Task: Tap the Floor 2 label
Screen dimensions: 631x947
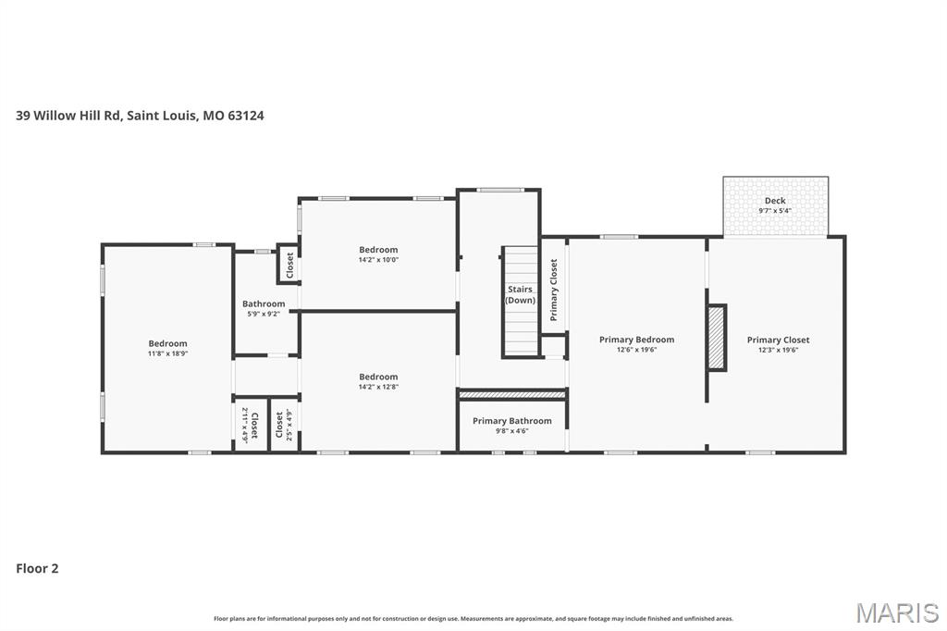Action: coord(37,568)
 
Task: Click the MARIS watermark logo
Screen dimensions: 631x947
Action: coord(896,612)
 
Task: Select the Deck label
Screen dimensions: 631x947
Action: coord(775,201)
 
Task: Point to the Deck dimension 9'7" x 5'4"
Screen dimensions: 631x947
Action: coord(775,211)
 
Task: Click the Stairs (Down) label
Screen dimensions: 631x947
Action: coord(520,294)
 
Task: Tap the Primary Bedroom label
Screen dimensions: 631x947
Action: coord(636,340)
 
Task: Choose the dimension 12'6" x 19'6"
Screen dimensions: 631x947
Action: coord(636,350)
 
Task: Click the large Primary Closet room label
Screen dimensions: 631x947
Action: coord(778,340)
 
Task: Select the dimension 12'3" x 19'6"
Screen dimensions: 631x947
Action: coord(778,350)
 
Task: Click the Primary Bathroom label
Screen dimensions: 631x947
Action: coord(511,421)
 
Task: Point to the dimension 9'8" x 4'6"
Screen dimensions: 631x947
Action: coord(511,431)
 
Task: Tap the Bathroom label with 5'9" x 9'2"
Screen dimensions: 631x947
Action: coord(264,303)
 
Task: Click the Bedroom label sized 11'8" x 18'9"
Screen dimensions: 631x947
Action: coord(167,343)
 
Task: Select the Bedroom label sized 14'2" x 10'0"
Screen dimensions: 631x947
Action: coord(378,250)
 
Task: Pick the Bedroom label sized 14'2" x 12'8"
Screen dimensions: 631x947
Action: coord(378,377)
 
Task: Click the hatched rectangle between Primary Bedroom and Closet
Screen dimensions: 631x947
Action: coord(716,338)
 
